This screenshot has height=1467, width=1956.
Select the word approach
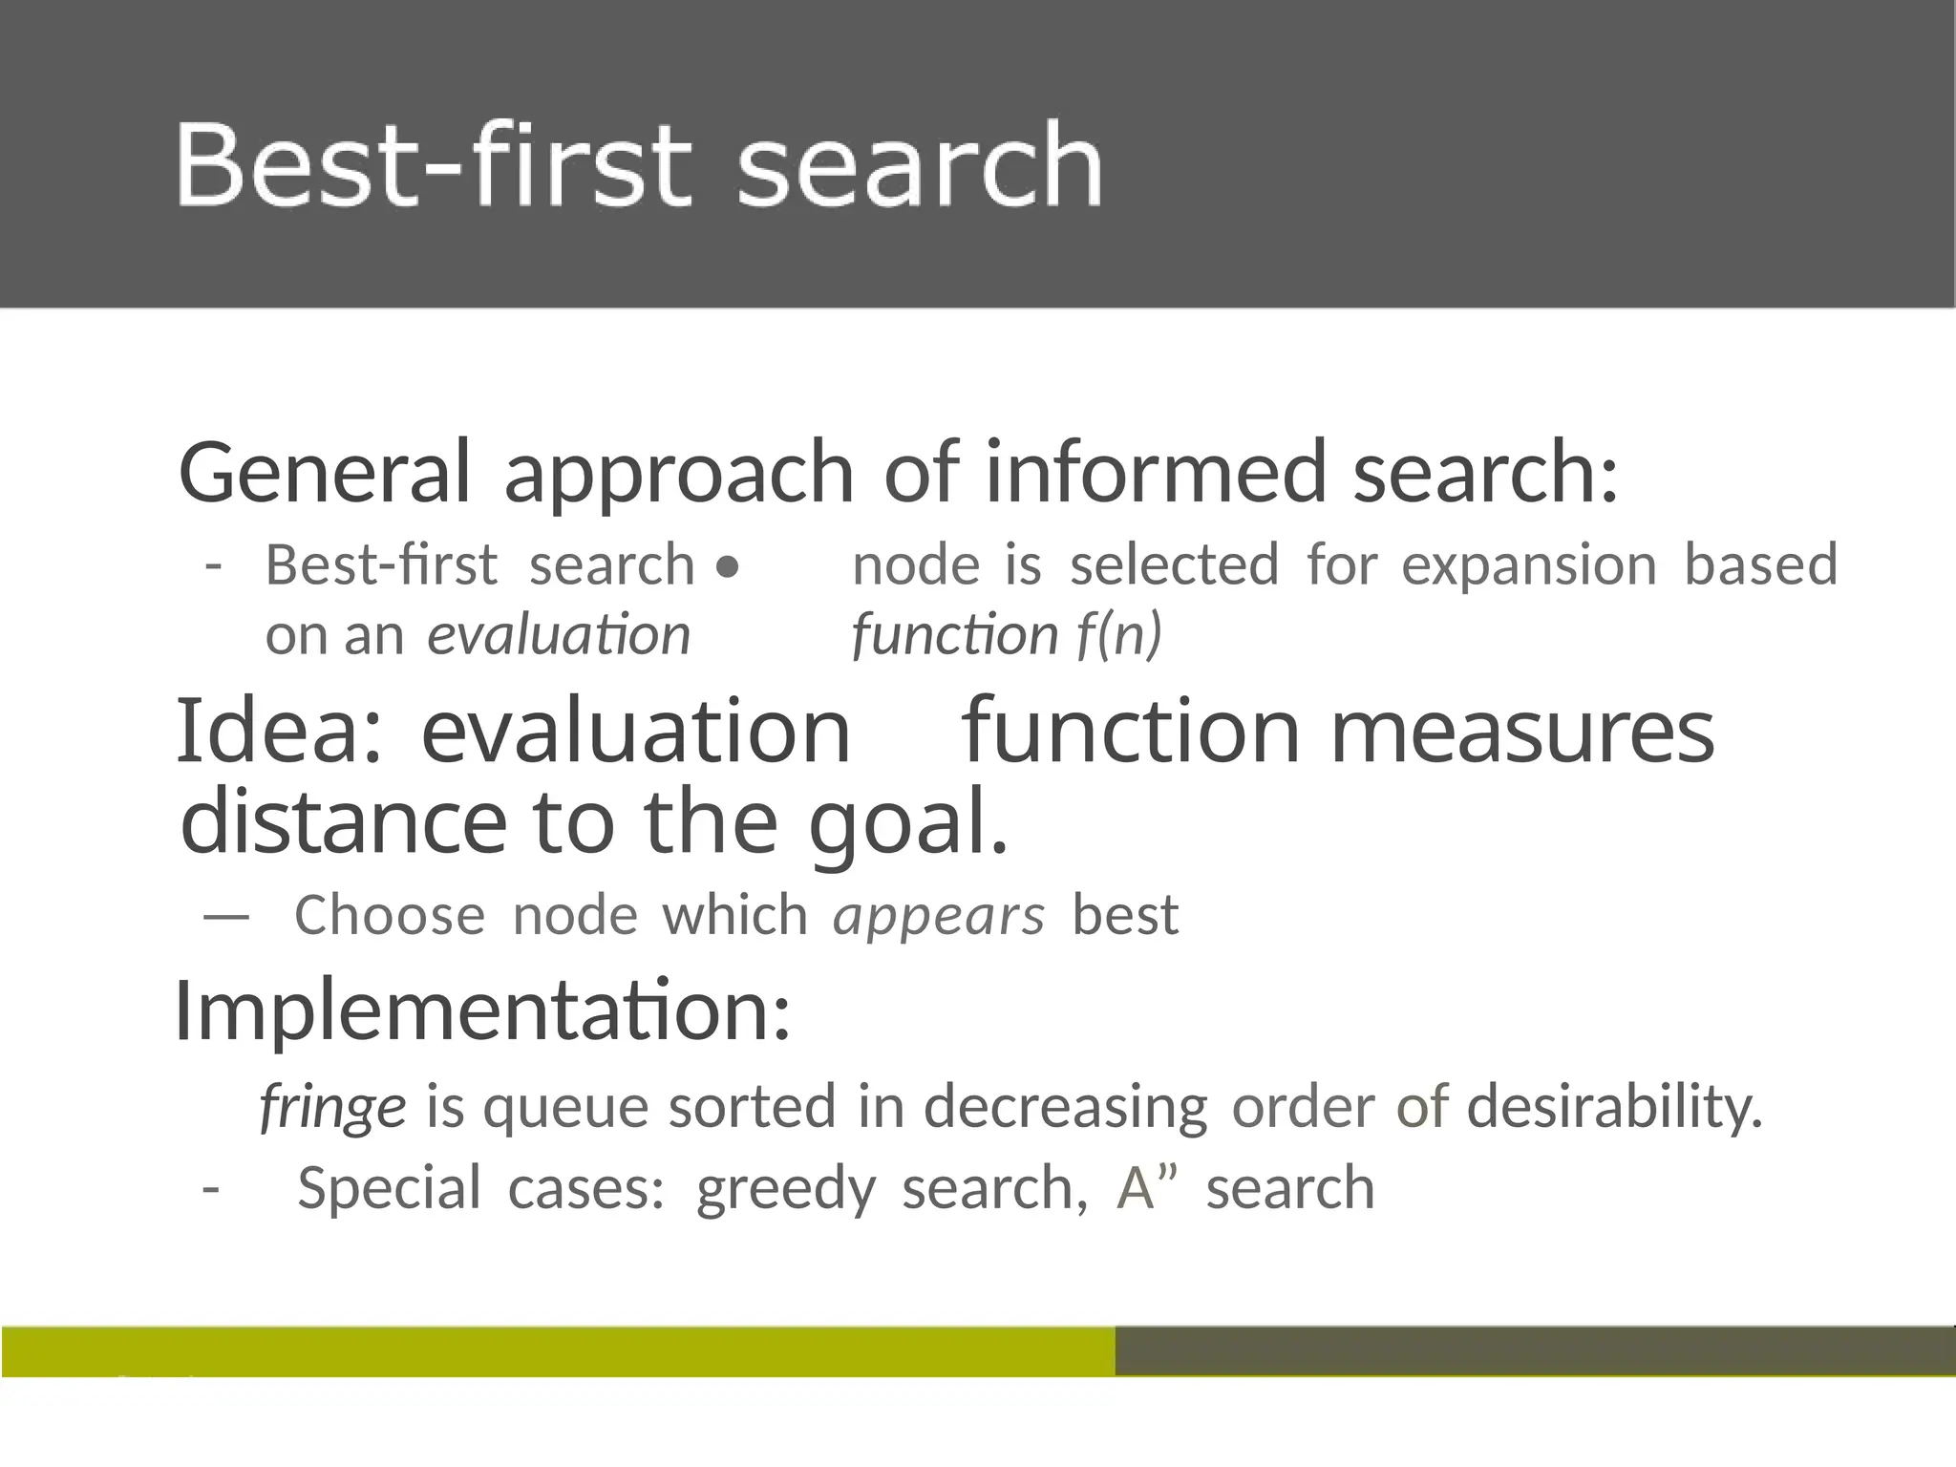click(678, 475)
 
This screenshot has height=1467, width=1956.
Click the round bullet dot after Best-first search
click(728, 568)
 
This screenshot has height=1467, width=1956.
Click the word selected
click(1174, 564)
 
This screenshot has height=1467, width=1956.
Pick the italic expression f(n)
click(1118, 635)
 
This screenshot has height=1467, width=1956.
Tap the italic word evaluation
click(559, 635)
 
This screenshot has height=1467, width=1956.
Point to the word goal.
click(907, 823)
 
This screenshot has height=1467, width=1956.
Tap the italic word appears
click(939, 917)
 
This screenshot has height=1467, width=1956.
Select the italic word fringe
click(333, 1108)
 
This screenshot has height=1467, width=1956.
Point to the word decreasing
click(1065, 1108)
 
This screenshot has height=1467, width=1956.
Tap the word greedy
click(785, 1190)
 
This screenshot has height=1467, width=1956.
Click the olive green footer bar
click(558, 1350)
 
